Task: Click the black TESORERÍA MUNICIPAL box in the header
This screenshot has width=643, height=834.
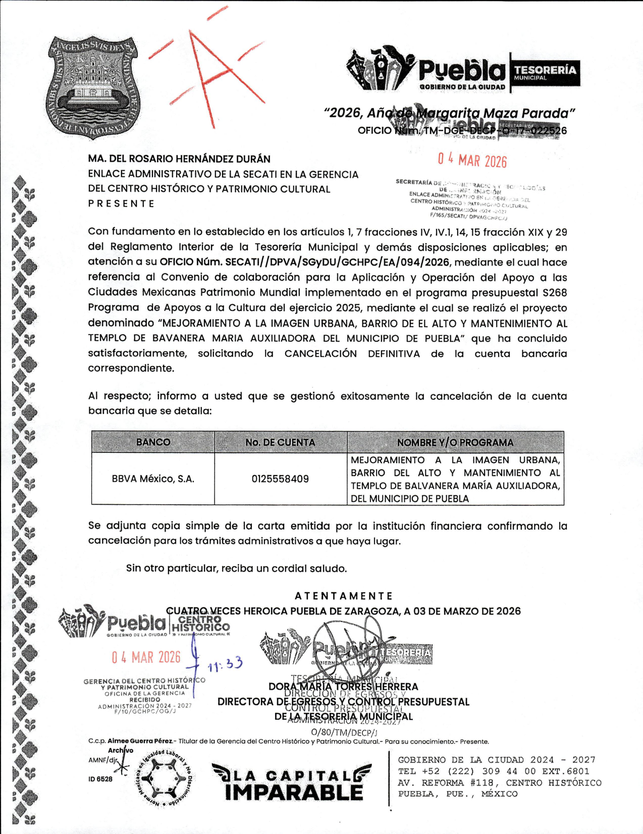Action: click(x=545, y=73)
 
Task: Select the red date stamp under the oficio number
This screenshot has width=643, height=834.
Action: click(x=472, y=161)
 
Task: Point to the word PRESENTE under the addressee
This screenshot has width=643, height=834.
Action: click(x=121, y=203)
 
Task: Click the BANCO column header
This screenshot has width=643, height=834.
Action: click(x=153, y=442)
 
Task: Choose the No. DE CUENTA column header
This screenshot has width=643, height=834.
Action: click(x=280, y=442)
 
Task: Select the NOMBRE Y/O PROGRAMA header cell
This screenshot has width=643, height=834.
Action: click(x=455, y=442)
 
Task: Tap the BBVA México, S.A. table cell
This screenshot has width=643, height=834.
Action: click(x=153, y=479)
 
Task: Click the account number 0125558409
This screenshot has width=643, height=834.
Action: click(x=280, y=479)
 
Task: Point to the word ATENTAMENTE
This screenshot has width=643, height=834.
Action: click(x=343, y=596)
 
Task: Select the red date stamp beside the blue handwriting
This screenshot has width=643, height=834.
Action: click(x=146, y=657)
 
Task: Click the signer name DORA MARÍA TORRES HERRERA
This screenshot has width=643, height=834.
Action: click(x=343, y=687)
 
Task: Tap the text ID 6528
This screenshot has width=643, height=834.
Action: click(x=100, y=779)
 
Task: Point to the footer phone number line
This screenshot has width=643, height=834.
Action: click(x=493, y=771)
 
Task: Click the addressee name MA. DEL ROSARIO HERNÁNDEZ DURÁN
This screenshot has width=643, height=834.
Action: click(x=179, y=159)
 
